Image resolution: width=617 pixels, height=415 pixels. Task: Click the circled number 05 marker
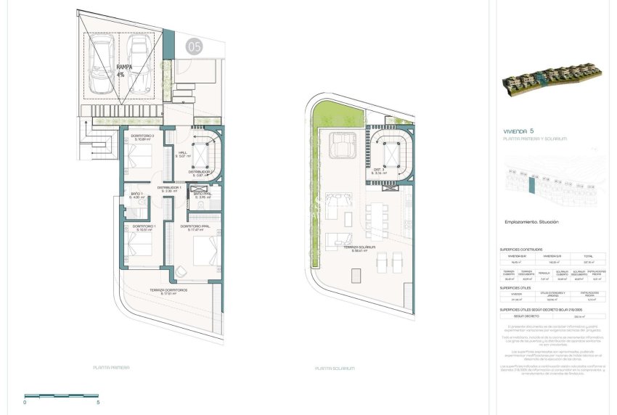point(194,48)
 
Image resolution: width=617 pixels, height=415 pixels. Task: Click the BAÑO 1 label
point(136,196)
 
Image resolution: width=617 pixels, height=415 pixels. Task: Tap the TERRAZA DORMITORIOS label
point(168,291)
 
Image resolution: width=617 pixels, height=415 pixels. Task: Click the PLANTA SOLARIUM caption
point(335,369)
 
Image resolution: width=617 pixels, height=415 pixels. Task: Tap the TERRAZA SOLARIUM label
point(367,249)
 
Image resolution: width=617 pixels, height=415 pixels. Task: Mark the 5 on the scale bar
point(97,401)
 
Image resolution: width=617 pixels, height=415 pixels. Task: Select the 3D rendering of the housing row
point(552,80)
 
